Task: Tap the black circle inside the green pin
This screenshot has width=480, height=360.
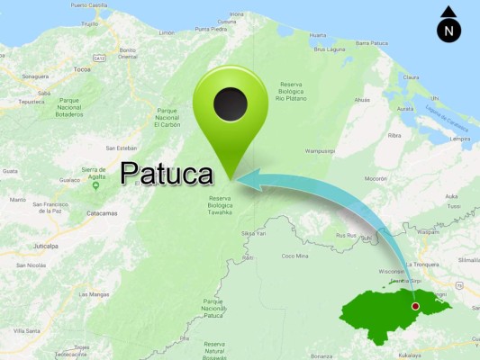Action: [231, 106]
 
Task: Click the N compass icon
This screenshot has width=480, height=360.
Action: [448, 30]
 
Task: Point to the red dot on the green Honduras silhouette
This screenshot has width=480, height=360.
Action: [415, 307]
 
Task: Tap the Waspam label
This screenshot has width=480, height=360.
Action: [427, 230]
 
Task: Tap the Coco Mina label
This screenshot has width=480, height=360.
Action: [295, 256]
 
